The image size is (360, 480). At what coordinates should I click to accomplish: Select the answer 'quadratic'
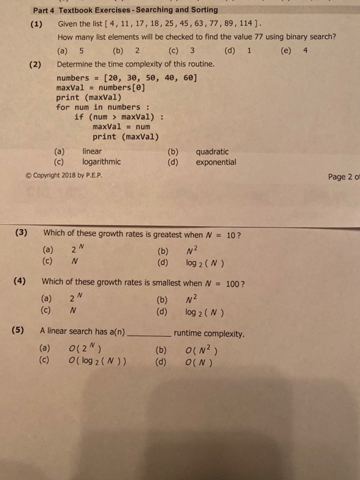213,152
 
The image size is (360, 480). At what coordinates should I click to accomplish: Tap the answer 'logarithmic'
101,163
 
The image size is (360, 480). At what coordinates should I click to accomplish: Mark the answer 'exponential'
216,163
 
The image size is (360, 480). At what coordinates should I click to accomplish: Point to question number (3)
22,232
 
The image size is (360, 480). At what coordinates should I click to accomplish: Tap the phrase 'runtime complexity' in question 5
209,334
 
